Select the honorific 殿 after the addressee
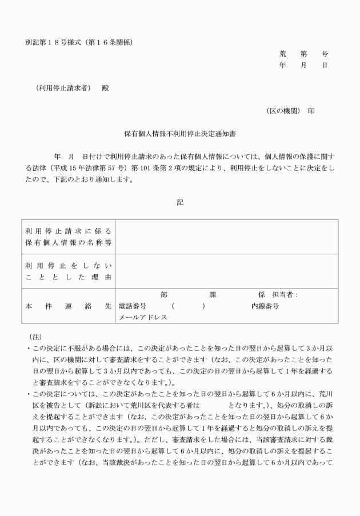click(105, 88)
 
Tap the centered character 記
click(180, 202)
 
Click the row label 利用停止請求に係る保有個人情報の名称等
click(69, 237)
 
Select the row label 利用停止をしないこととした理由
click(69, 271)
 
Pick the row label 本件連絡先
click(69, 306)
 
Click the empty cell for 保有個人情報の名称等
click(226, 237)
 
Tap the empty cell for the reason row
click(226, 271)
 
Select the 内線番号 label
click(265, 306)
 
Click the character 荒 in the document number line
click(283, 54)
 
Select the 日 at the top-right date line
click(325, 65)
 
